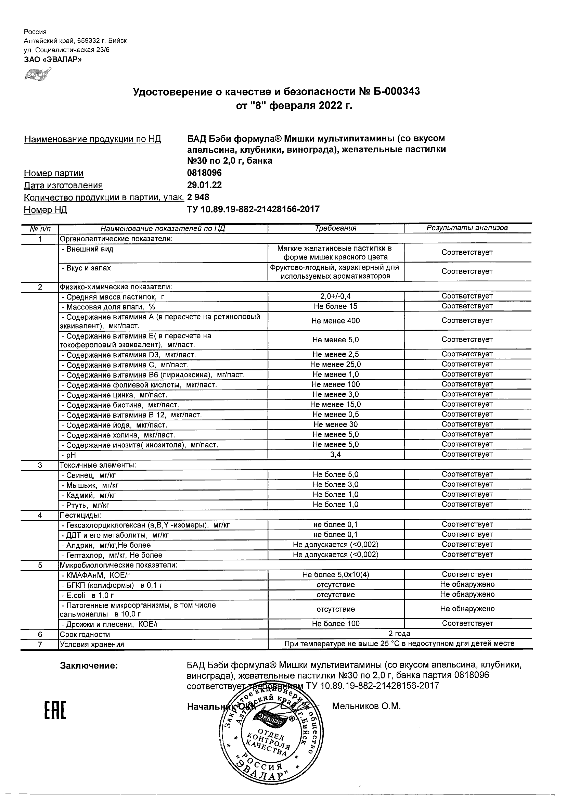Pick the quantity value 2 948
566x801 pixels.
[198, 197]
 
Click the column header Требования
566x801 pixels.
[335, 229]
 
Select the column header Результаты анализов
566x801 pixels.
[467, 228]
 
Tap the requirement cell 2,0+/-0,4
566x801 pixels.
[335, 296]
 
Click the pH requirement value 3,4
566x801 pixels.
[335, 455]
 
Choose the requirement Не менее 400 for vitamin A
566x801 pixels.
[335, 321]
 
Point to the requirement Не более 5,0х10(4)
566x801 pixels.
[335, 575]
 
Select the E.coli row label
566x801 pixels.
[88, 595]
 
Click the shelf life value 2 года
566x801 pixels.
[399, 634]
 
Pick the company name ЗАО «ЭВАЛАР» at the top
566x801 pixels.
[53, 60]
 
